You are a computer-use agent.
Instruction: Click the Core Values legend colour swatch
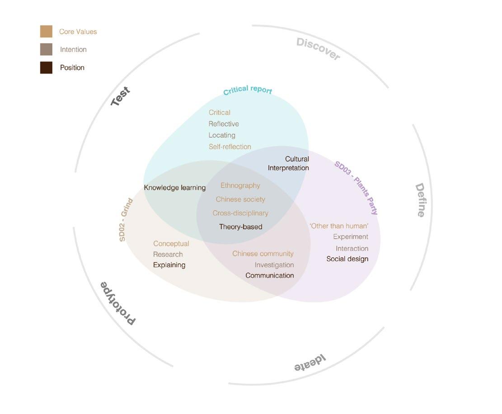pyautogui.click(x=46, y=32)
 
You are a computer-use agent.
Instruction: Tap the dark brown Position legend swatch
pyautogui.click(x=46, y=68)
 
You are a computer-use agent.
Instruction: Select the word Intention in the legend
pyautogui.click(x=73, y=50)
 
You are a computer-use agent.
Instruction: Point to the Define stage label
pyautogui.click(x=420, y=200)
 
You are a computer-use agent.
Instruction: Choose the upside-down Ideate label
pyautogui.click(x=310, y=363)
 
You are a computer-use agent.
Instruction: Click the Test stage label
pyautogui.click(x=121, y=97)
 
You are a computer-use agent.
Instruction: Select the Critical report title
pyautogui.click(x=248, y=90)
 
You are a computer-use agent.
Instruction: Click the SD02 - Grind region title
pyautogui.click(x=126, y=220)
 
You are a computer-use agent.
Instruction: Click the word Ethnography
pyautogui.click(x=240, y=186)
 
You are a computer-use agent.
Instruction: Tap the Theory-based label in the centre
pyautogui.click(x=240, y=227)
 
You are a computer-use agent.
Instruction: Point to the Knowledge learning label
pyautogui.click(x=175, y=188)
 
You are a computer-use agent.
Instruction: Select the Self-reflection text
pyautogui.click(x=230, y=147)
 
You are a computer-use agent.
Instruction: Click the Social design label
pyautogui.click(x=347, y=259)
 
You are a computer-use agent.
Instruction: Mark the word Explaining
pyautogui.click(x=169, y=265)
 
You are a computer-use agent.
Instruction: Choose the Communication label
pyautogui.click(x=270, y=275)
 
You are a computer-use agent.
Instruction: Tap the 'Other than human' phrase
pyautogui.click(x=339, y=226)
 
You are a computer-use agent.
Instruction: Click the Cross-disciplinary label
pyautogui.click(x=240, y=213)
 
